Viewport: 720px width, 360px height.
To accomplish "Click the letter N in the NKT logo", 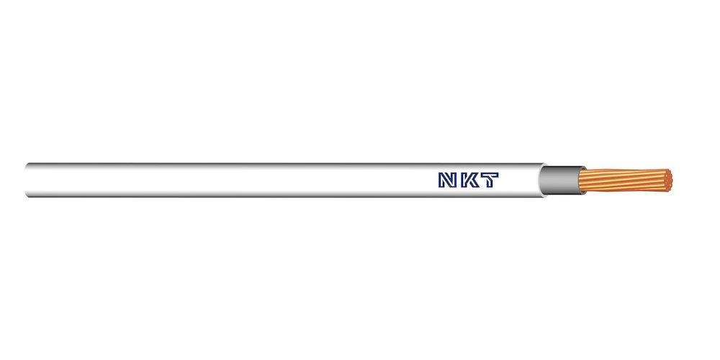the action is pyautogui.click(x=448, y=180).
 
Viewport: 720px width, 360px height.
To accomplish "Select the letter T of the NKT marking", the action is pyautogui.click(x=489, y=180).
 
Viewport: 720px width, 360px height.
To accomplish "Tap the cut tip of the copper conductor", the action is pyautogui.click(x=669, y=180).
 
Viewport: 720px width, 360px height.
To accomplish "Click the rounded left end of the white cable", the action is pyautogui.click(x=27, y=180).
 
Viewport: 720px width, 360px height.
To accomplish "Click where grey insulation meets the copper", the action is pyautogui.click(x=581, y=180).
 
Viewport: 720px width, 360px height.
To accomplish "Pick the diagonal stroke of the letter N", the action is pyautogui.click(x=448, y=180).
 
